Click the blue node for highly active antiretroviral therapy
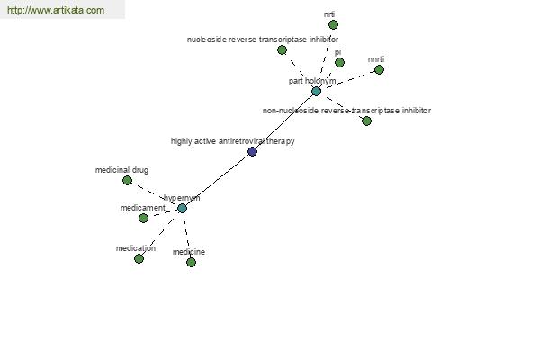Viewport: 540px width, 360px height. pyautogui.click(x=252, y=151)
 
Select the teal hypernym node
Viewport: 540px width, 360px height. pyautogui.click(x=182, y=209)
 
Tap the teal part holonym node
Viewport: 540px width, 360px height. pyautogui.click(x=316, y=91)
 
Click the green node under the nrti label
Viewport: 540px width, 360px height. pyautogui.click(x=333, y=25)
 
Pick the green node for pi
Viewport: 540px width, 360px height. pyautogui.click(x=339, y=63)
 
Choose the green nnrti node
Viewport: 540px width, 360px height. pyautogui.click(x=379, y=70)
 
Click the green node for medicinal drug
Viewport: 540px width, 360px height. pyautogui.click(x=127, y=181)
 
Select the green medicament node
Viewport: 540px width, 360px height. pyautogui.click(x=143, y=218)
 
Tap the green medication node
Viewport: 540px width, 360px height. pyautogui.click(x=139, y=258)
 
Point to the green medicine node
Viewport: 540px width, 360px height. pyautogui.click(x=191, y=263)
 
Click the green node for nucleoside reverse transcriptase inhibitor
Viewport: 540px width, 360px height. pyautogui.click(x=282, y=50)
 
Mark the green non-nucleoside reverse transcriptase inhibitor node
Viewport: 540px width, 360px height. pyautogui.click(x=367, y=121)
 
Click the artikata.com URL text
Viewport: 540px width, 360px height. pyautogui.click(x=56, y=10)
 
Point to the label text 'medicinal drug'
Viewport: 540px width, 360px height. pyautogui.click(x=121, y=170)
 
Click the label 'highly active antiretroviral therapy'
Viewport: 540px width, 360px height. pyautogui.click(x=233, y=141)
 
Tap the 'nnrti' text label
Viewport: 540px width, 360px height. pyautogui.click(x=376, y=59)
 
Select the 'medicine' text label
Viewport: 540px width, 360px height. pyautogui.click(x=189, y=252)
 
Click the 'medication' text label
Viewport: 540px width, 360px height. pyautogui.click(x=136, y=248)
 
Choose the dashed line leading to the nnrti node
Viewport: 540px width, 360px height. pyautogui.click(x=347, y=81)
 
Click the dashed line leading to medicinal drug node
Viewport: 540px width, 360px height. pyautogui.click(x=155, y=194)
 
